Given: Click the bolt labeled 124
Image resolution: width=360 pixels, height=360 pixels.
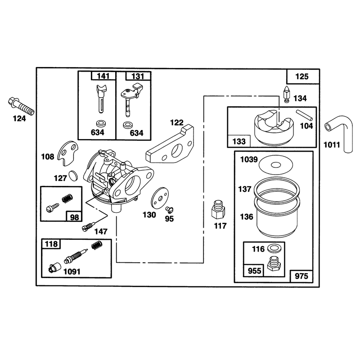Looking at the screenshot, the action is pyautogui.click(x=21, y=107).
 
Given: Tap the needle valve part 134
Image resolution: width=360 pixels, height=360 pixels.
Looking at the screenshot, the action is pyautogui.click(x=286, y=94).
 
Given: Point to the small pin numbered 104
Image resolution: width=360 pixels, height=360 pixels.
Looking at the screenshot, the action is pyautogui.click(x=305, y=115).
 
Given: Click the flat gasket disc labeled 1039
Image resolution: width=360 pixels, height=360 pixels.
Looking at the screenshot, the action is pyautogui.click(x=276, y=165).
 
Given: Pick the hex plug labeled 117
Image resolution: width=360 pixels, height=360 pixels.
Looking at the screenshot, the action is pyautogui.click(x=218, y=209).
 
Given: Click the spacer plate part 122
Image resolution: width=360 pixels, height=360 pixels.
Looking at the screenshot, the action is pyautogui.click(x=170, y=144).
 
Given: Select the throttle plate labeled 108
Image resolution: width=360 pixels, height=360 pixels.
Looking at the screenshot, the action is pyautogui.click(x=67, y=153).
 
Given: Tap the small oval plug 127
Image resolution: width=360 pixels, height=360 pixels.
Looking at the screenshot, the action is pyautogui.click(x=73, y=176).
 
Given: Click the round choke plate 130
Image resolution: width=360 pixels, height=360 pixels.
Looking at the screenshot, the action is pyautogui.click(x=160, y=198).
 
